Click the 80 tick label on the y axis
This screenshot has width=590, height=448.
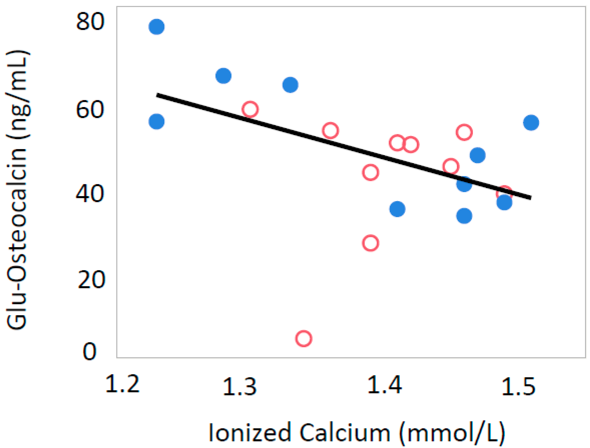tap(90, 22)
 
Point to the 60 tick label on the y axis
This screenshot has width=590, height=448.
tap(90, 110)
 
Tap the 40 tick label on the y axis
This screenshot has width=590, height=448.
tap(90, 194)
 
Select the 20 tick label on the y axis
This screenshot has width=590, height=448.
tap(91, 280)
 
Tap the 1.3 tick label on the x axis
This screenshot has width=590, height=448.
tap(239, 386)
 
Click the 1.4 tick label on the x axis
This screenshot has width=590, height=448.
tap(384, 385)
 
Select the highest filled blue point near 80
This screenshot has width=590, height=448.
tap(157, 27)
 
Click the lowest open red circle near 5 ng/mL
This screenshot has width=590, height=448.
tap(304, 339)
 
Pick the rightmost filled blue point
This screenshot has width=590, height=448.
tap(531, 123)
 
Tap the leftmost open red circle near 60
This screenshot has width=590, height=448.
tap(250, 109)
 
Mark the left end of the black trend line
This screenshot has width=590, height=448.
tap(157, 95)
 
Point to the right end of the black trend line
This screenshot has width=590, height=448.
tap(531, 198)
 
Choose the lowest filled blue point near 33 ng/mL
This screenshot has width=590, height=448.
tap(464, 216)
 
